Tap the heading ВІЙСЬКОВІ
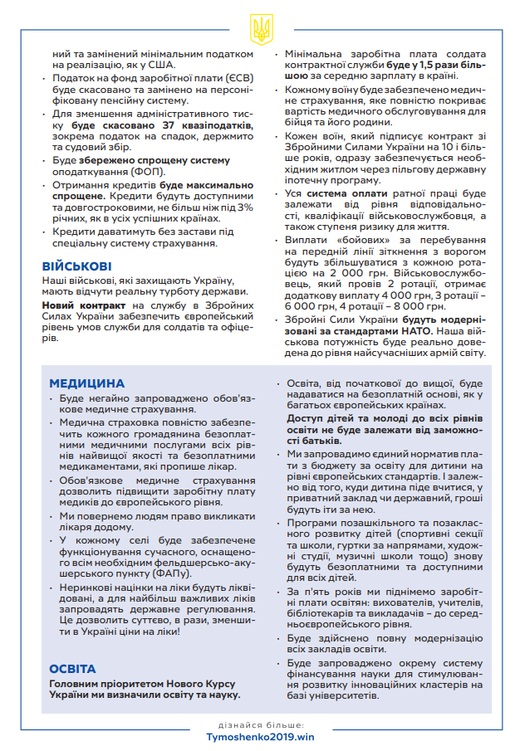click(77, 266)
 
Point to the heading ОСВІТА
click(72, 668)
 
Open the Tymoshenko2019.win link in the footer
click(262, 735)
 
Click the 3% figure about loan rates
click(243, 207)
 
